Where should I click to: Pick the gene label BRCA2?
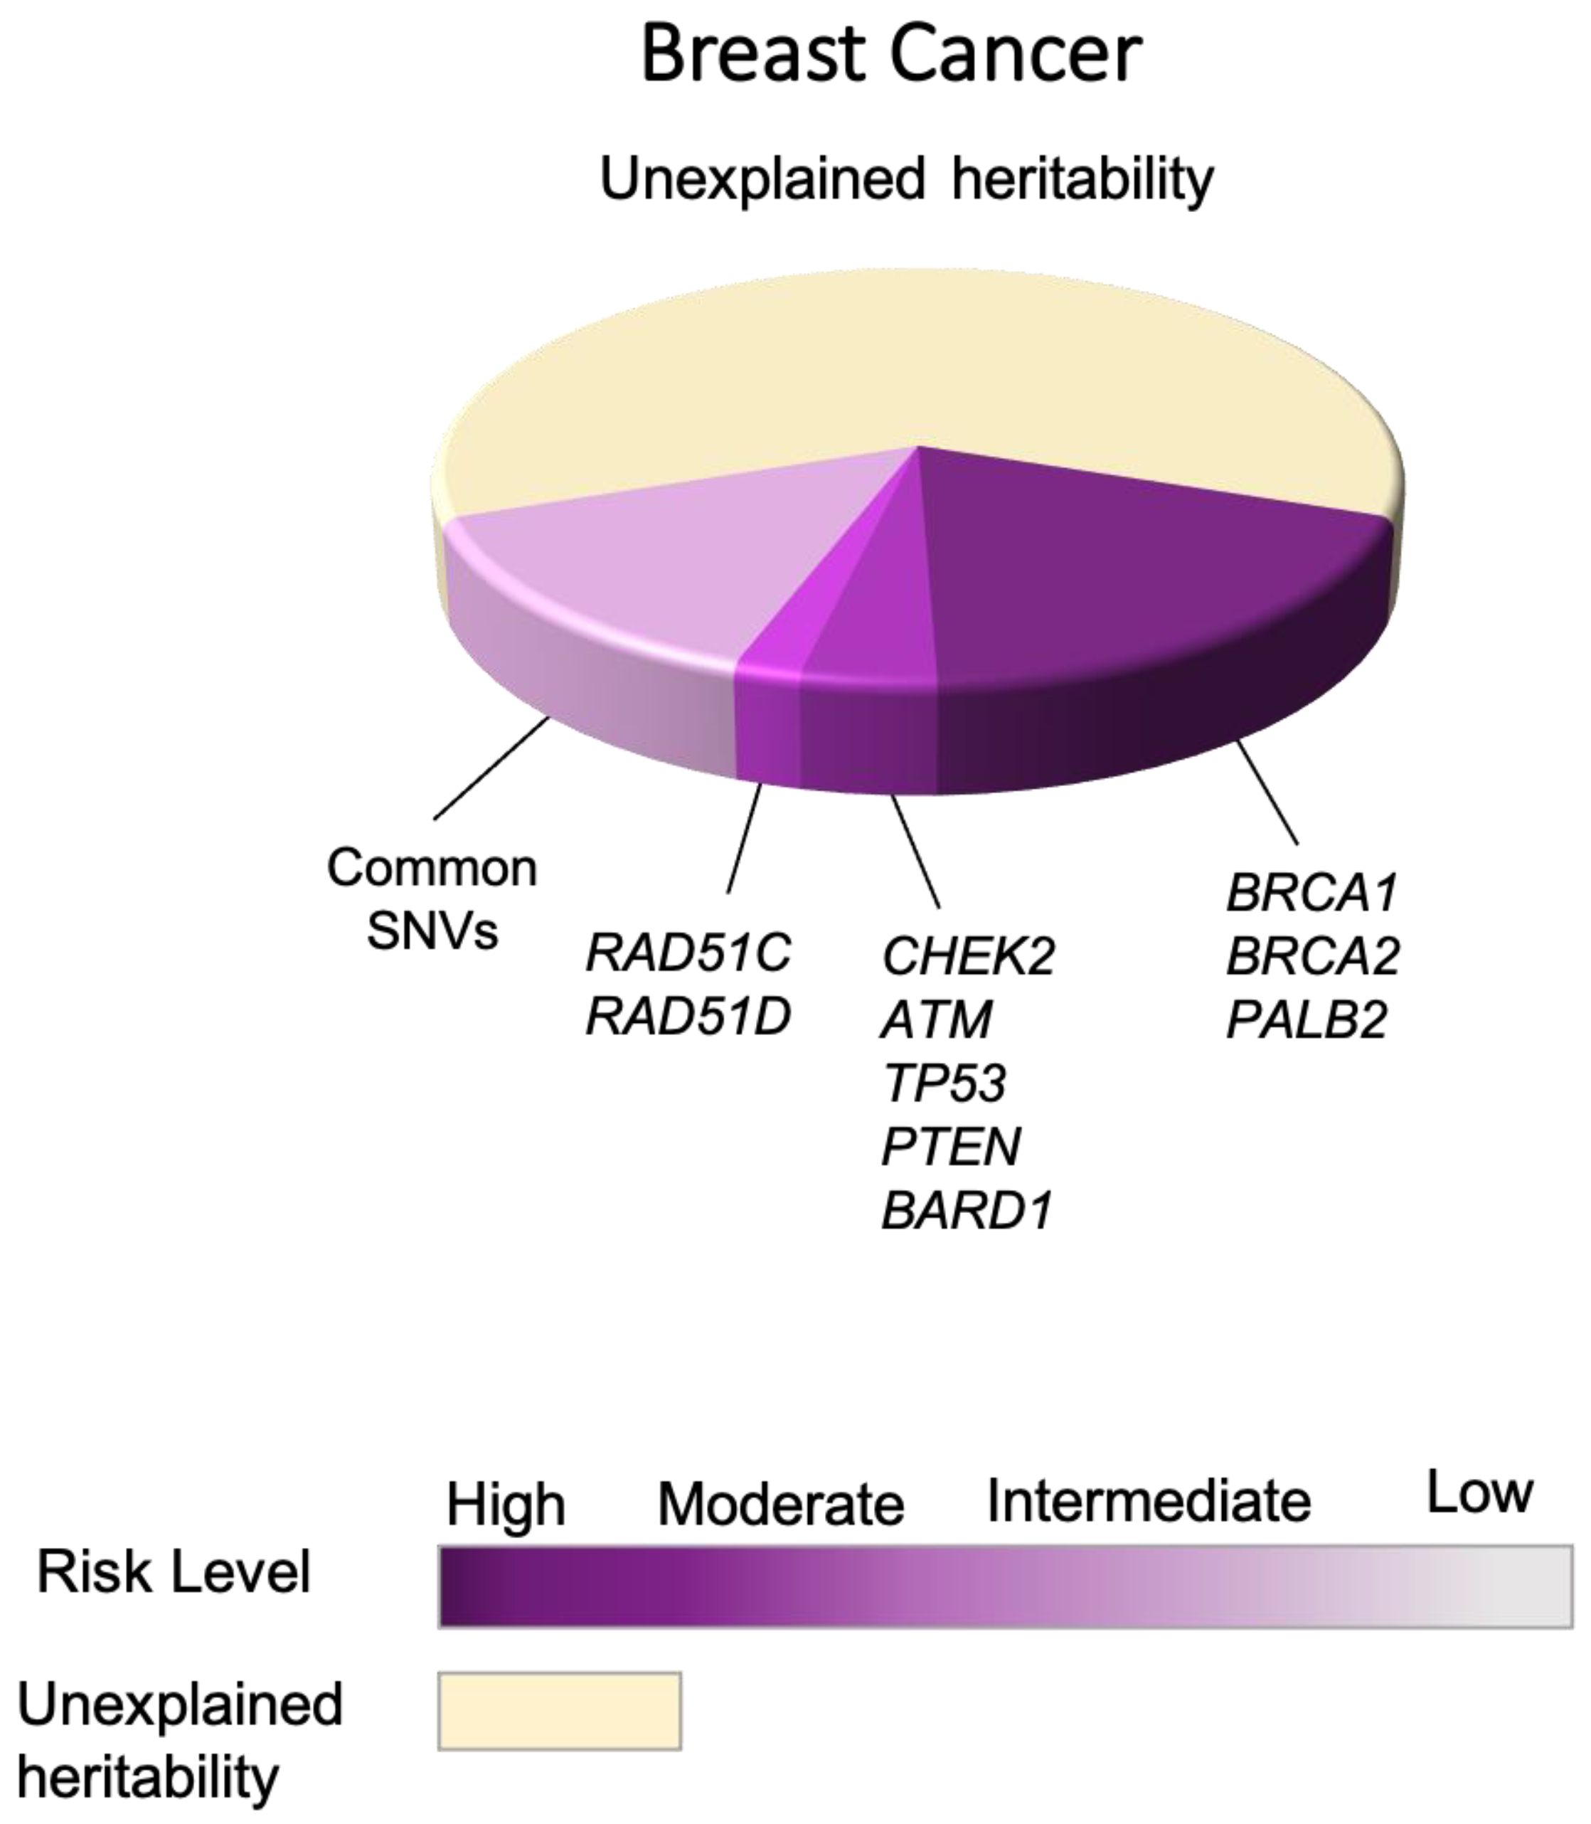(1313, 955)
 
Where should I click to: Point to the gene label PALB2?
(1306, 1019)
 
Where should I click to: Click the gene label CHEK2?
(968, 955)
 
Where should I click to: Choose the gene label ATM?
(937, 1019)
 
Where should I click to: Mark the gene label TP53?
(944, 1083)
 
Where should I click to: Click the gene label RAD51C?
(688, 953)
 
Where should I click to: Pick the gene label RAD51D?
(688, 1017)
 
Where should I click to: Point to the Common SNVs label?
(432, 898)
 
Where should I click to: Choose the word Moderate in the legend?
(780, 1505)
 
